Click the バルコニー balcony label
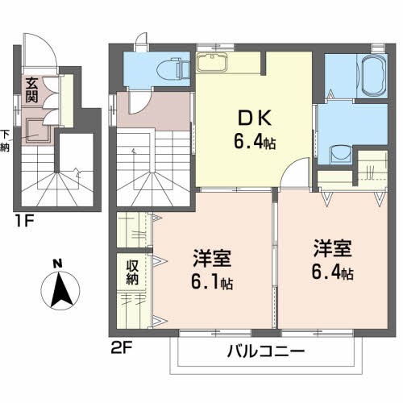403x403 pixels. pyautogui.click(x=264, y=351)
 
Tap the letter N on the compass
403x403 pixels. pyautogui.click(x=58, y=263)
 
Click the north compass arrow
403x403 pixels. pyautogui.click(x=58, y=291)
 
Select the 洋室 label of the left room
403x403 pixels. pyautogui.click(x=212, y=260)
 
